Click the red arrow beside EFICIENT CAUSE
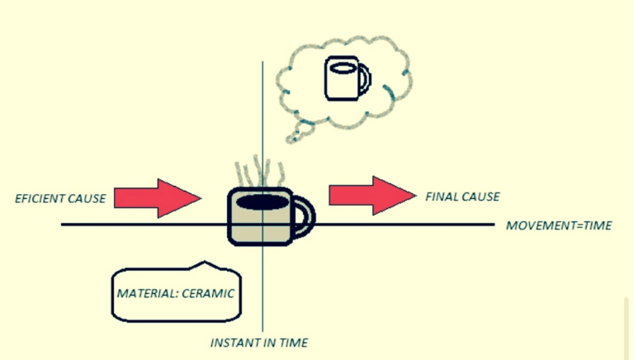(x=158, y=197)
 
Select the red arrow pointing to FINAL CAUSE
(x=372, y=195)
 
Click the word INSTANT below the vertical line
(x=234, y=342)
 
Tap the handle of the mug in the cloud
(x=364, y=79)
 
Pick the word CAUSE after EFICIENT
(x=88, y=198)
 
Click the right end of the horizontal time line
(x=493, y=225)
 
